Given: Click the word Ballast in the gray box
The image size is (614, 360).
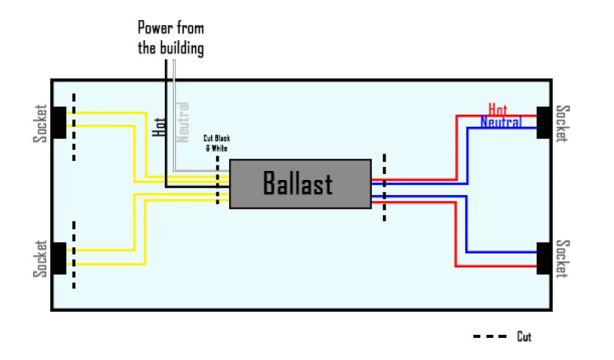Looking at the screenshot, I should coord(298,184).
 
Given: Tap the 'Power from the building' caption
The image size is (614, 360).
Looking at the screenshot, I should coord(171,38).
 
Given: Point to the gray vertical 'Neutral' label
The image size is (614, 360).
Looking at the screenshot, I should coord(182,122).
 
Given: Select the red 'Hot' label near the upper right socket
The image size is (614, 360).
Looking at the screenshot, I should coord(498,109).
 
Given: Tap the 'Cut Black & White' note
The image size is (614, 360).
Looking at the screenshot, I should coord(216,142).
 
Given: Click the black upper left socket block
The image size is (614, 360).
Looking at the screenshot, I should coord(59,122).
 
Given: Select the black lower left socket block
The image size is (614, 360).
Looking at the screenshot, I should coord(59,258).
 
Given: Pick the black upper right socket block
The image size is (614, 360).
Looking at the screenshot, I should coord(544,122).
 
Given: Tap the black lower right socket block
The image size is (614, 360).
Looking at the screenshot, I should coord(544,258).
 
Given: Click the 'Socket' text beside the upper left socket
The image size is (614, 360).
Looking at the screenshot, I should coord(40,124).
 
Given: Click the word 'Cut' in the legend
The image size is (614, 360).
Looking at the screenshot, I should coord(524,337).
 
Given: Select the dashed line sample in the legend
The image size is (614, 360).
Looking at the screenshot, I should coord(490,337).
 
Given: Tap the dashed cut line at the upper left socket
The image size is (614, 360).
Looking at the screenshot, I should coord(74,127).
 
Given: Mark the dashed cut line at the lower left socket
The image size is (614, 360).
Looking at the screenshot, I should coord(74,255).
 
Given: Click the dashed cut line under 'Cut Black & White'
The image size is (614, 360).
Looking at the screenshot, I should coord(217,180).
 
